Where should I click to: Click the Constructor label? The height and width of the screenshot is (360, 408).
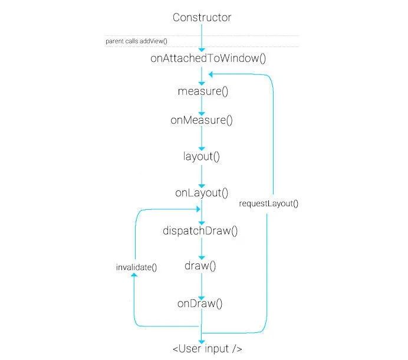202,18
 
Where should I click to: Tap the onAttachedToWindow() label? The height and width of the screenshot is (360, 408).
208,58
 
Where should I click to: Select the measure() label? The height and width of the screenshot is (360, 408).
203,91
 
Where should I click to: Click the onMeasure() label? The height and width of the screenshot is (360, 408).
202,120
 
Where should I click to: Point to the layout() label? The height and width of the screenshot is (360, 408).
202,157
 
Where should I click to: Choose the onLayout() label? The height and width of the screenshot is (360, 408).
202,193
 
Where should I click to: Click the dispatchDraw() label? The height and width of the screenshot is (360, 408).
200,231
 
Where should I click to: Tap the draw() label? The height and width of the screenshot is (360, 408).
200,266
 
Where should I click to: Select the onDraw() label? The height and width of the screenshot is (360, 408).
200,303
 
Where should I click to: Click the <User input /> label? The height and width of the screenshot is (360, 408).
208,349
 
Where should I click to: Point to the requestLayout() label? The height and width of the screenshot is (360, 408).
268,203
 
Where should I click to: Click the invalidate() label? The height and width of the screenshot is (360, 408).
136,267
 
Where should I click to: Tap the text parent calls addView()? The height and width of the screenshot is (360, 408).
136,41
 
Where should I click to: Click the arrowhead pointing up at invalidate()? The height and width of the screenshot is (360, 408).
134,275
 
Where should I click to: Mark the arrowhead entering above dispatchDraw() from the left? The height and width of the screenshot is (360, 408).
198,209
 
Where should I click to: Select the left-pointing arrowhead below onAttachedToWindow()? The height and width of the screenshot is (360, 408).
210,74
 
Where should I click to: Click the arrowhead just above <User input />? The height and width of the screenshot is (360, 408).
202,342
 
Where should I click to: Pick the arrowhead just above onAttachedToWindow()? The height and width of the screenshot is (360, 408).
202,49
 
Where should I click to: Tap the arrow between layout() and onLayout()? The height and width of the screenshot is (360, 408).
202,177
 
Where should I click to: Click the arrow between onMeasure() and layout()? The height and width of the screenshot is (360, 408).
202,138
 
